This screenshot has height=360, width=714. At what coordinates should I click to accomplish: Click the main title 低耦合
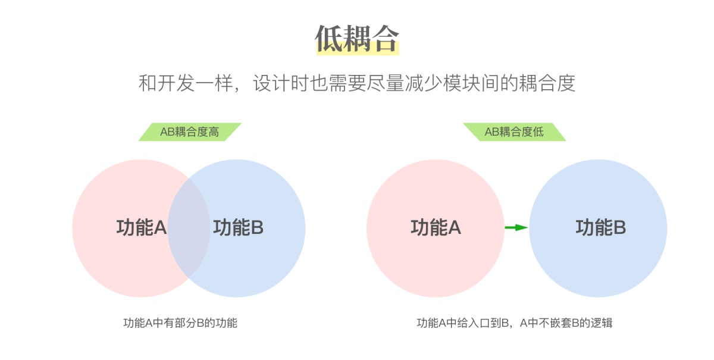[x=357, y=38]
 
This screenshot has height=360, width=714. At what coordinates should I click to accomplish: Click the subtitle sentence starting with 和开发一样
[x=357, y=83]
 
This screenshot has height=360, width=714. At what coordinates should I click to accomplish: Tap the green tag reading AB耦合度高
[x=190, y=132]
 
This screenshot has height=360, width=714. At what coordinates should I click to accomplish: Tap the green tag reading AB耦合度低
[x=514, y=132]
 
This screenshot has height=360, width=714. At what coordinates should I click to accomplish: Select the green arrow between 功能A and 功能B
[x=516, y=227]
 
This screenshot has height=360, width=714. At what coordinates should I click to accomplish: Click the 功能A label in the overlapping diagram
[x=142, y=228]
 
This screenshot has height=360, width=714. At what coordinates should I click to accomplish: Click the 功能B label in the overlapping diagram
[x=239, y=228]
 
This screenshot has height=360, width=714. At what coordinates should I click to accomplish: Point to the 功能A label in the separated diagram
[x=436, y=228]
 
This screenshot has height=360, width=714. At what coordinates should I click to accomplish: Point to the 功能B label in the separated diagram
[x=601, y=228]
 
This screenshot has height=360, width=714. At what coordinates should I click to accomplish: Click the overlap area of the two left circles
[x=189, y=228]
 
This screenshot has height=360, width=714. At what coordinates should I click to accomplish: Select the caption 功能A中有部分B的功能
[x=180, y=323]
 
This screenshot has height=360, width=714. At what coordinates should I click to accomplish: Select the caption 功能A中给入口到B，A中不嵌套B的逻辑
[x=515, y=323]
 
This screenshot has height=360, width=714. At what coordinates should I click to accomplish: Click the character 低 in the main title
[x=328, y=38]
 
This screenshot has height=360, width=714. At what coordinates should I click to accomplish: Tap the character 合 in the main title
[x=386, y=38]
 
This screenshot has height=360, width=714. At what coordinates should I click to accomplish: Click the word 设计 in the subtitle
[x=272, y=83]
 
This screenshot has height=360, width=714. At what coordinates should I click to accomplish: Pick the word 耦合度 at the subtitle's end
[x=547, y=83]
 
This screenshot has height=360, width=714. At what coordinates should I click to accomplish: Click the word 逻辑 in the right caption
[x=602, y=323]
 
